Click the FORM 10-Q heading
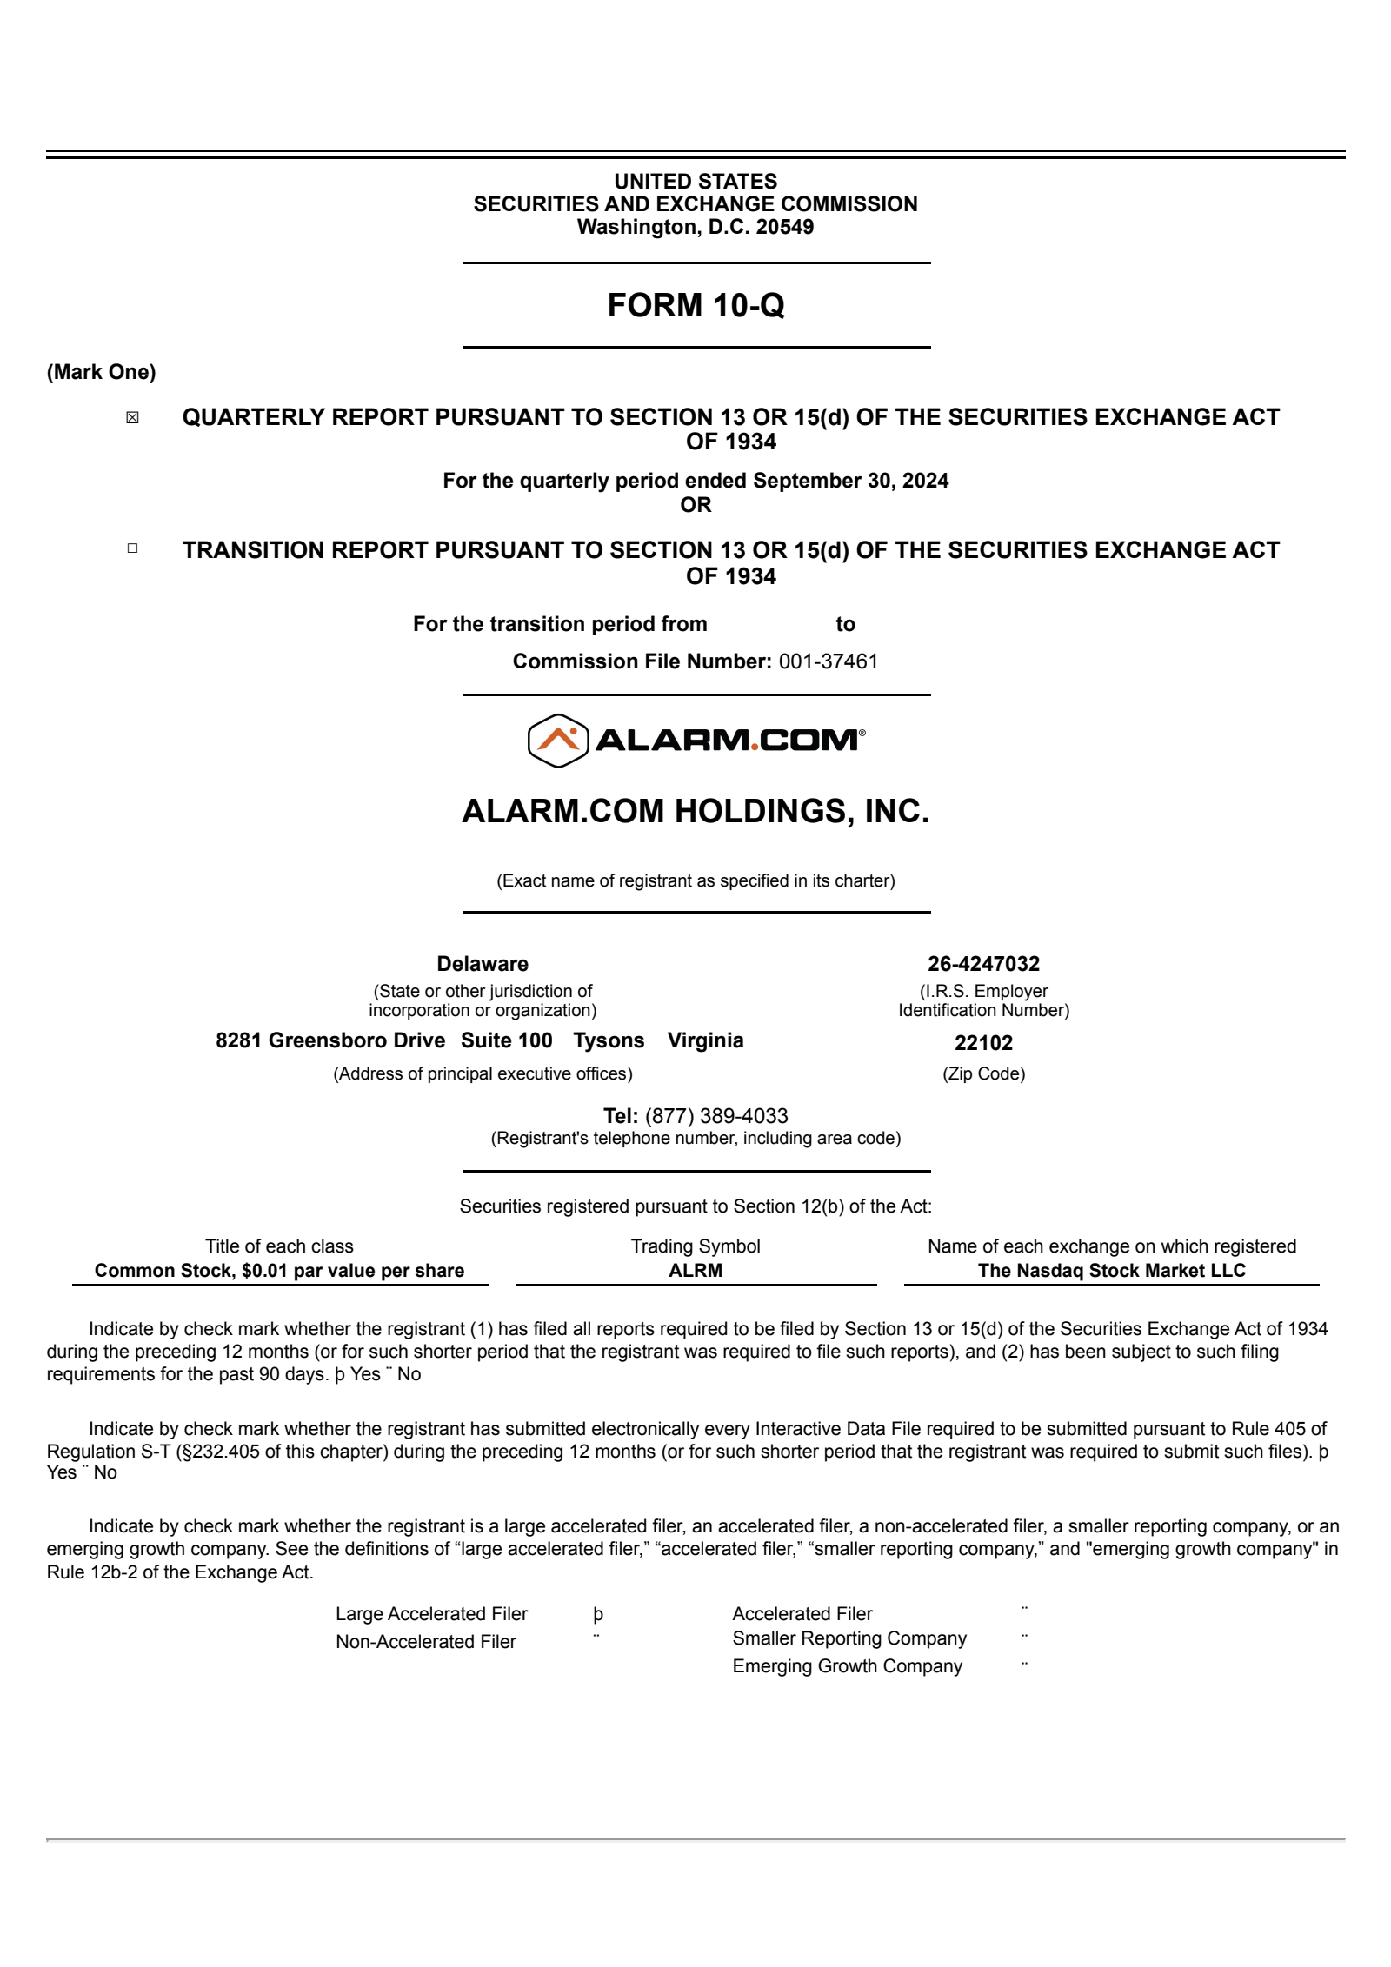695,305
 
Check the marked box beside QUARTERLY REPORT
132,418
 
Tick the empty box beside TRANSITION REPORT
132,548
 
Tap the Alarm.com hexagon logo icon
558,741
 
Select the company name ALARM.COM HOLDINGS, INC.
695,811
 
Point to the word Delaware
483,964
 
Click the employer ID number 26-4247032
983,964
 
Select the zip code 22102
983,1043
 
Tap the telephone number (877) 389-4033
716,1116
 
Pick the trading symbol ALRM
695,1271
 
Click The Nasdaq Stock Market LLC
1111,1271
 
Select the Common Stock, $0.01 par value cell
279,1271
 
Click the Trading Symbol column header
695,1246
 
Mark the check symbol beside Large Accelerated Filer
598,1614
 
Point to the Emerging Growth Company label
847,1666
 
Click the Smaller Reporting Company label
849,1638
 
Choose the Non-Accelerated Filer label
426,1642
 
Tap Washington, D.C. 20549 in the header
695,228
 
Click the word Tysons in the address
609,1040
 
